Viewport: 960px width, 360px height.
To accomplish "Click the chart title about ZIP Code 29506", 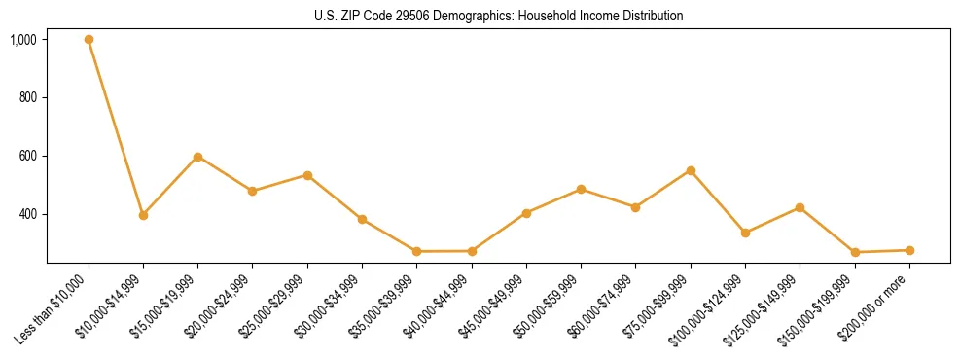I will tap(499, 16).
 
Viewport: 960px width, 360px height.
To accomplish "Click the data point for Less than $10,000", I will tap(89, 40).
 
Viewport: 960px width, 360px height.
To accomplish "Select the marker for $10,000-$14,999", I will tap(143, 215).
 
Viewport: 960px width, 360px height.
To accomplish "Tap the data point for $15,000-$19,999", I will tap(197, 157).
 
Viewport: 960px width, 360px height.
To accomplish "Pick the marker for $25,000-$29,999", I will tap(307, 175).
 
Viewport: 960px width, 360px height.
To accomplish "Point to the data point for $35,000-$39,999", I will tap(416, 251).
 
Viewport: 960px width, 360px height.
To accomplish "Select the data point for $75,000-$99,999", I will tap(691, 170).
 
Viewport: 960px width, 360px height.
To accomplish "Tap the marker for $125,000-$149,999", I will tap(800, 207).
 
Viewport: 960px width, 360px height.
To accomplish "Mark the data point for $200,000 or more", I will tap(909, 250).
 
